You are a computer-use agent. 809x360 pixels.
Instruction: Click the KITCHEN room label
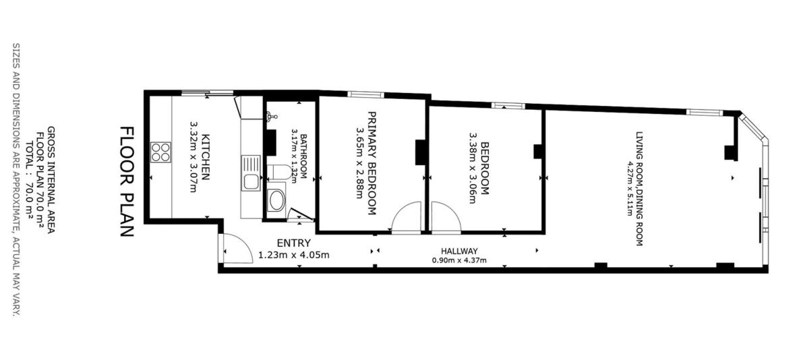(205, 157)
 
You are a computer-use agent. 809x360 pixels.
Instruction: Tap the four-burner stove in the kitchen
(160, 152)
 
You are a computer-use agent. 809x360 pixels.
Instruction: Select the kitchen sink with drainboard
(251, 173)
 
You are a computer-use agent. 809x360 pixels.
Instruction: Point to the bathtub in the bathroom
(276, 200)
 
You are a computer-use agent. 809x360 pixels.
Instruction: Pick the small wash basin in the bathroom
(271, 116)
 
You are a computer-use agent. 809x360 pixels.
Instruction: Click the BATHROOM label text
(303, 156)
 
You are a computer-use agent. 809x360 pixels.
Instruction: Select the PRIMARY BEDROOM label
(371, 163)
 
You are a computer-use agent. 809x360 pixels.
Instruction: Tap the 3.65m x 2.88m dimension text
(360, 163)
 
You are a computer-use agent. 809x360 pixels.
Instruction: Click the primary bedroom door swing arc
(401, 210)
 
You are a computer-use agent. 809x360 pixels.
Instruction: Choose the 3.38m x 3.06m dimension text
(473, 168)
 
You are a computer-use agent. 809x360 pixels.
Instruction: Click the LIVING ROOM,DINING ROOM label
(639, 189)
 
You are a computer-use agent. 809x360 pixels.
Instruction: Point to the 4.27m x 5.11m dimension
(630, 189)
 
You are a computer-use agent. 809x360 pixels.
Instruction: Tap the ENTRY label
(293, 243)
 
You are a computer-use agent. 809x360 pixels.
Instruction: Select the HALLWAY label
(459, 251)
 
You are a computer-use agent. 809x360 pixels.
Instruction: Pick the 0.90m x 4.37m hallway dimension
(459, 260)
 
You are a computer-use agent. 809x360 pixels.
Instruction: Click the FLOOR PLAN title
(127, 181)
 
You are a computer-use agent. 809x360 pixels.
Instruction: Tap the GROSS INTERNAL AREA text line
(51, 179)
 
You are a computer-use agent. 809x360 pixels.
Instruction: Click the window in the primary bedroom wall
(366, 94)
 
